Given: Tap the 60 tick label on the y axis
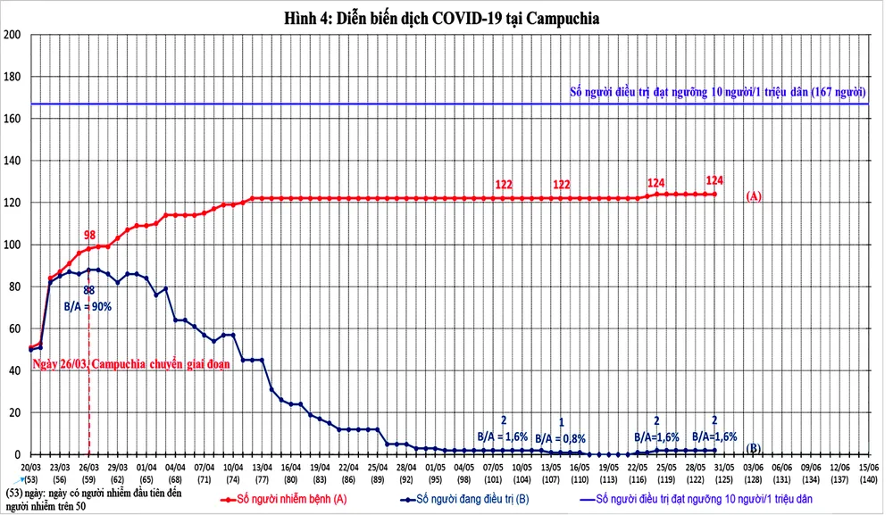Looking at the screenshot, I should (x=15, y=328).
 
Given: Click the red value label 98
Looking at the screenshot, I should (x=89, y=235).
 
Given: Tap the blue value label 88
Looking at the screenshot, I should (x=89, y=290).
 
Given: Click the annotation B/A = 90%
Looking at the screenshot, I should (x=87, y=306).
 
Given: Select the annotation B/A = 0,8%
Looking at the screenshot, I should (x=561, y=438).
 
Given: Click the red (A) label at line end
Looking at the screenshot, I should (x=753, y=196).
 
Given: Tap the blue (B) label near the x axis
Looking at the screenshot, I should (x=753, y=448).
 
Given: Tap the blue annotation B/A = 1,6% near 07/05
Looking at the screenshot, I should (x=503, y=437).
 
